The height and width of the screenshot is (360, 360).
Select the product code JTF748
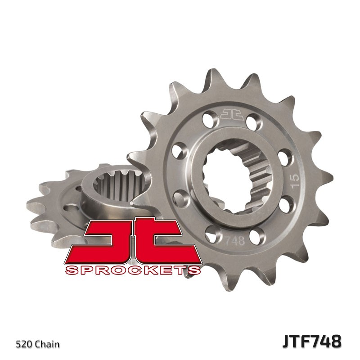311,341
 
